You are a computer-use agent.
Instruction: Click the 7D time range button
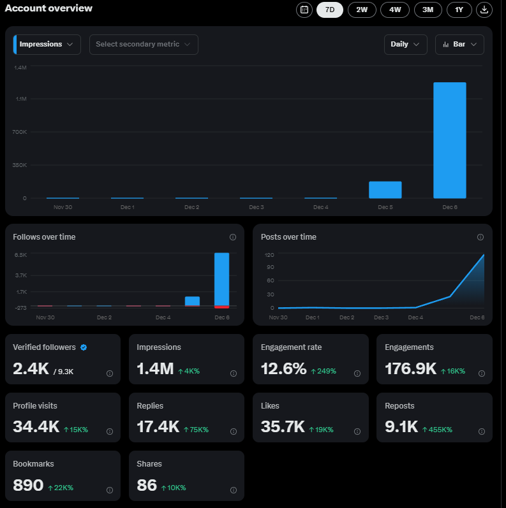pos(330,10)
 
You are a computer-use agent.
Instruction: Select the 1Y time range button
pos(459,10)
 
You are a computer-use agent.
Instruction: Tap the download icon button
pos(484,10)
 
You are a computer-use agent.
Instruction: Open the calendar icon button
pos(304,10)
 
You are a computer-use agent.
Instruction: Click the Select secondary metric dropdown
pos(144,45)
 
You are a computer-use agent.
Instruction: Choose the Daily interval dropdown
pos(405,45)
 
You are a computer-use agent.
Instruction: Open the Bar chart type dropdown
pos(459,45)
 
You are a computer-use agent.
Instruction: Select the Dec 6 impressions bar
pos(450,140)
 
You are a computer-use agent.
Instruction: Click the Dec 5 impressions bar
pos(385,190)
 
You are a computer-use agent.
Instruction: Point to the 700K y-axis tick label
pos(19,132)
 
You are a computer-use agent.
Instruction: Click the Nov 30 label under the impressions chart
pos(63,207)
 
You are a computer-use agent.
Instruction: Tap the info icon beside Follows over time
pos(233,237)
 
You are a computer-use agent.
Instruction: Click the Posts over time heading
pos(288,237)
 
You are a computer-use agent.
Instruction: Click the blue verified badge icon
pos(84,347)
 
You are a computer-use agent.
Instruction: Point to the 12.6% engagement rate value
pos(283,369)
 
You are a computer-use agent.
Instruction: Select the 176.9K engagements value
pos(410,369)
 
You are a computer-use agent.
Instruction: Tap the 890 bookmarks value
pos(28,486)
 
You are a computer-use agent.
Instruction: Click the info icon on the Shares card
pos(233,490)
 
